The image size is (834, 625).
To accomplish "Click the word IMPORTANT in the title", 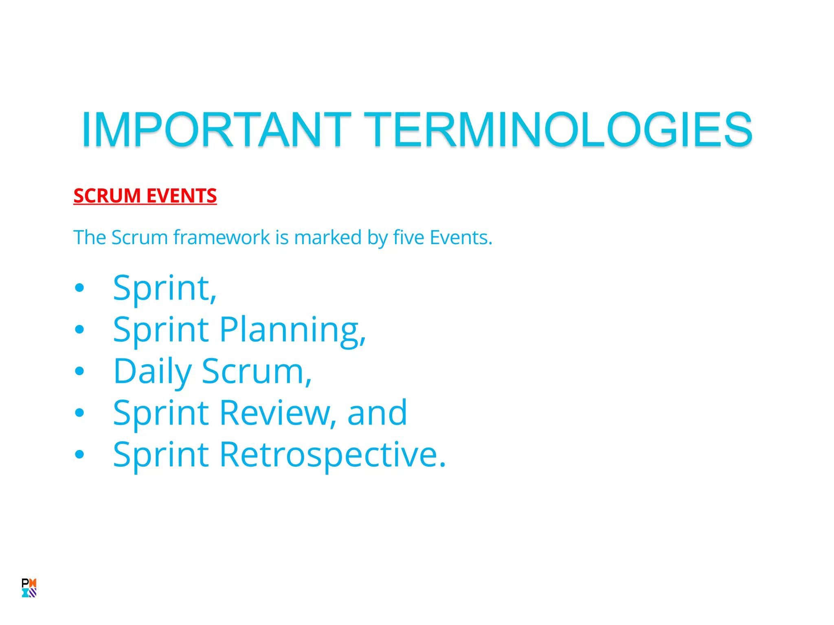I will pyautogui.click(x=216, y=129).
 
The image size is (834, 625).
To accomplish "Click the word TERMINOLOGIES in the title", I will pyautogui.click(x=557, y=129).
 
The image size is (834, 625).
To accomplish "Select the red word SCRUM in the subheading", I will pyautogui.click(x=107, y=196).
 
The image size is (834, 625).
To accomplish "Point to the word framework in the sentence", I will pyautogui.click(x=222, y=237).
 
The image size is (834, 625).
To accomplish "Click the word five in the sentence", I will pyautogui.click(x=408, y=237).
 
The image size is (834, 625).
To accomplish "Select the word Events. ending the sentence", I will pyautogui.click(x=461, y=237).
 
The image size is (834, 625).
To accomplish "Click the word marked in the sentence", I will pyautogui.click(x=328, y=237).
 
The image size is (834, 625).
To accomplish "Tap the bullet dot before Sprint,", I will pyautogui.click(x=79, y=288).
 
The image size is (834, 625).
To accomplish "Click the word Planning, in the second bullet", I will pyautogui.click(x=292, y=330).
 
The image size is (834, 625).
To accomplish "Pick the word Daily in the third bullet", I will pyautogui.click(x=152, y=372).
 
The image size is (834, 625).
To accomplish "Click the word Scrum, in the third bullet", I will pyautogui.click(x=257, y=372).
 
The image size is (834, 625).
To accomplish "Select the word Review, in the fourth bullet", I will pyautogui.click(x=278, y=413).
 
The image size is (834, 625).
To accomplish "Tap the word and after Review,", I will pyautogui.click(x=377, y=413).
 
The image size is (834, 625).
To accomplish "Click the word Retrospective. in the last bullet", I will pyautogui.click(x=333, y=455).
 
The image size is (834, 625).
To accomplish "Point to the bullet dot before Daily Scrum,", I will pyautogui.click(x=79, y=371).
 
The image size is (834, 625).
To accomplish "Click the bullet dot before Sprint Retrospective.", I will pyautogui.click(x=79, y=455).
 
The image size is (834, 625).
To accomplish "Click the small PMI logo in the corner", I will pyautogui.click(x=29, y=588).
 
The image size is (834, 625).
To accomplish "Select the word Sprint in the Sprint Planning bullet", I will pyautogui.click(x=161, y=330).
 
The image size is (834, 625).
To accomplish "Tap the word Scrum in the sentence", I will pyautogui.click(x=139, y=237).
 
